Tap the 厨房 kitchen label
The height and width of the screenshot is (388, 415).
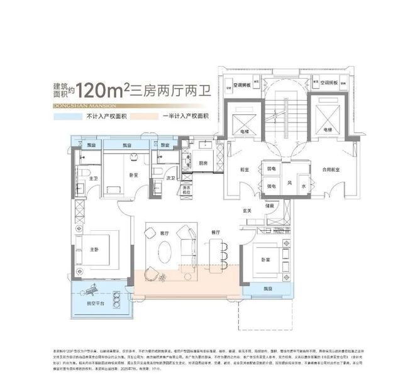coord(202,163)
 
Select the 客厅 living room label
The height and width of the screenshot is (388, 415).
coord(165,233)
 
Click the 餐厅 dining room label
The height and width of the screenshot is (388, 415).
coord(216,233)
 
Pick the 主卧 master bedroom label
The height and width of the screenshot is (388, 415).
coord(94,249)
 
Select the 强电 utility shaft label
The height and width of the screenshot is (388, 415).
coord(273,186)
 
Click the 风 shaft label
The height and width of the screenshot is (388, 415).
coord(289,183)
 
